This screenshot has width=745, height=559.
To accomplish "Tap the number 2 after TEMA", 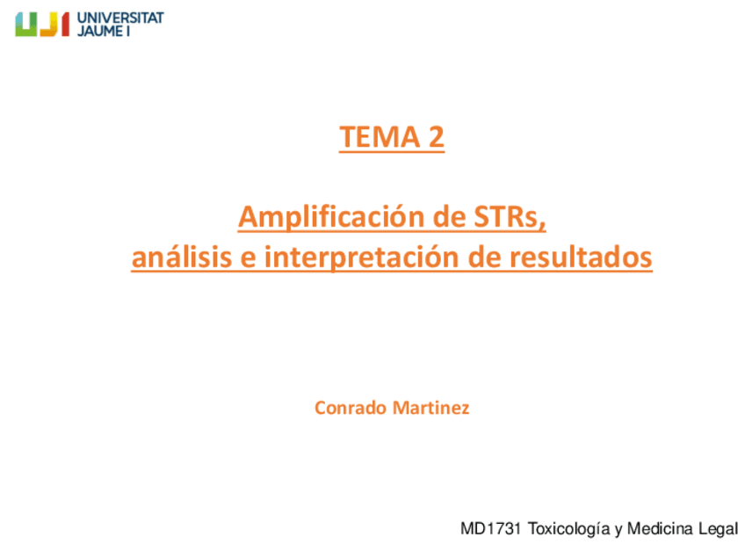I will [x=435, y=138].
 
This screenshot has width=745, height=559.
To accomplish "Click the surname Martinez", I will [x=431, y=408].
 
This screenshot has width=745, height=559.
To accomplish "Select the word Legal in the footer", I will [x=718, y=529].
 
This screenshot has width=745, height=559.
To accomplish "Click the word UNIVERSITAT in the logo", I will [x=120, y=18].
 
